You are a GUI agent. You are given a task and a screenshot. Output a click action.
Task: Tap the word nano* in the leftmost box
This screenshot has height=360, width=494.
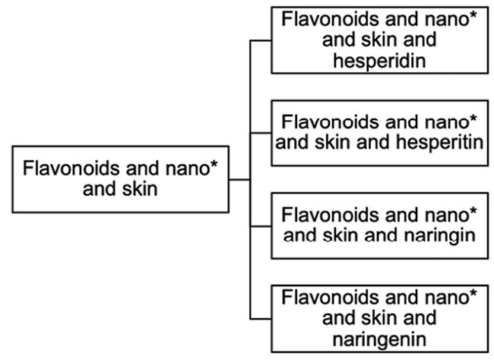click(x=189, y=167)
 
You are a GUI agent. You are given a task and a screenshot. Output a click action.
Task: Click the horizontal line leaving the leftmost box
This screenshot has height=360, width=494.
click(x=239, y=179)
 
